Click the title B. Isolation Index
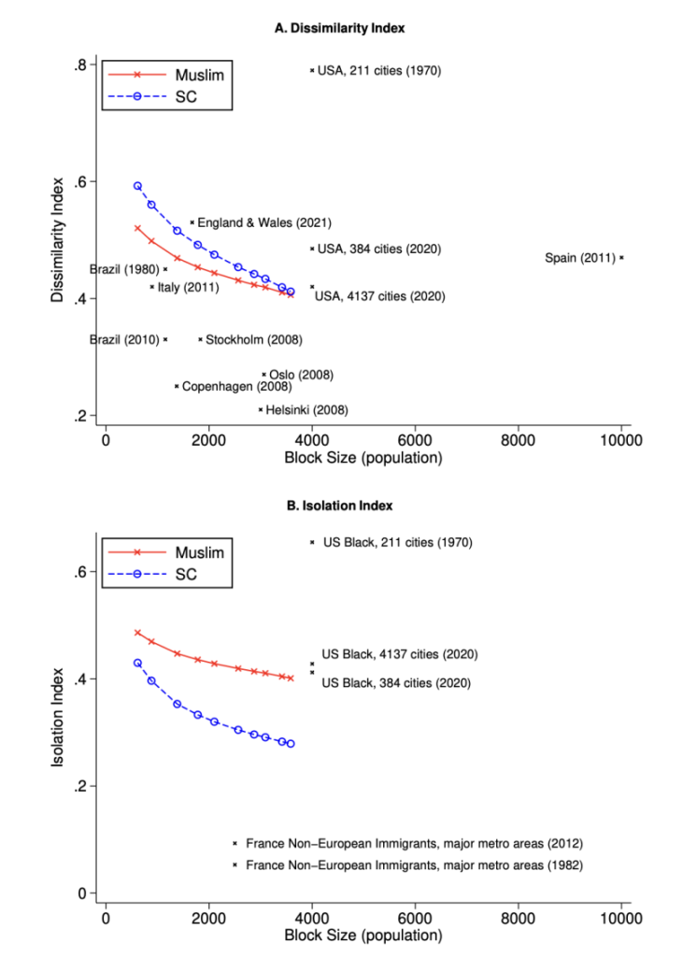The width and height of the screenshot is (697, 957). point(339,506)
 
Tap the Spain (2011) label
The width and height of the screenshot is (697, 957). point(579,258)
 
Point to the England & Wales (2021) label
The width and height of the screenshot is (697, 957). point(264,222)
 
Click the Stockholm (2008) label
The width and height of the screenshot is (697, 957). point(253,339)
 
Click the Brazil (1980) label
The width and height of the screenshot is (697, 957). point(125,269)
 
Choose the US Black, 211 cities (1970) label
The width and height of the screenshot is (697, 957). point(398,542)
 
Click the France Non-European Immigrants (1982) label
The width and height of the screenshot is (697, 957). point(414,865)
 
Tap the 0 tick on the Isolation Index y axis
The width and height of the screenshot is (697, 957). point(83,893)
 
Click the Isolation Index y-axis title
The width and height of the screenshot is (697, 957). point(57,714)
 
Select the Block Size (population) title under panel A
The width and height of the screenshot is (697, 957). point(363,459)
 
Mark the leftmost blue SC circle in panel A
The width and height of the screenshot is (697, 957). point(137,186)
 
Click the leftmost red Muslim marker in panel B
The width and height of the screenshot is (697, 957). point(137,633)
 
